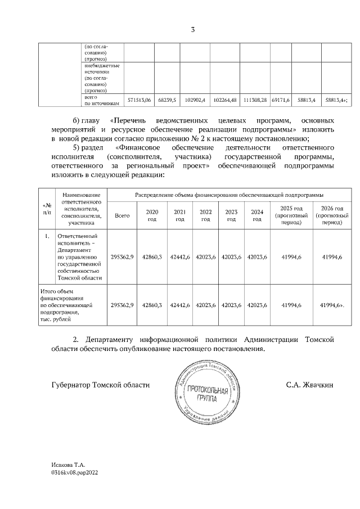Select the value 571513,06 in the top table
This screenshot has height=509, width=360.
(139, 100)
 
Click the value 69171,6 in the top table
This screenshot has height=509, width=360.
(280, 100)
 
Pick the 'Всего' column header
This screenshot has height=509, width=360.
(122, 215)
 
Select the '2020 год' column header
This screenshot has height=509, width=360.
(152, 215)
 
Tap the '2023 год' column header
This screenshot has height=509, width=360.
(231, 215)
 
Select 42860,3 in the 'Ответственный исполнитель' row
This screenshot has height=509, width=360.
(152, 256)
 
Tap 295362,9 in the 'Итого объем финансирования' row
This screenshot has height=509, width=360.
(122, 304)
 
